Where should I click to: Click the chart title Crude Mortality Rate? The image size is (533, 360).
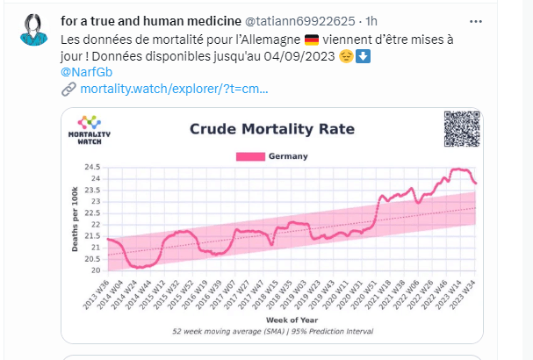(272, 130)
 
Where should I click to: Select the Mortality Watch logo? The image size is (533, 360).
(89, 128)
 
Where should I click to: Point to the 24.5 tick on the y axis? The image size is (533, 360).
(90, 167)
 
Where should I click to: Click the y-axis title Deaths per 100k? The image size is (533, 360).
(75, 218)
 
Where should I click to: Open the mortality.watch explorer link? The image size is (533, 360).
(174, 90)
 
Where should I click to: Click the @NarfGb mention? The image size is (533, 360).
(84, 73)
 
